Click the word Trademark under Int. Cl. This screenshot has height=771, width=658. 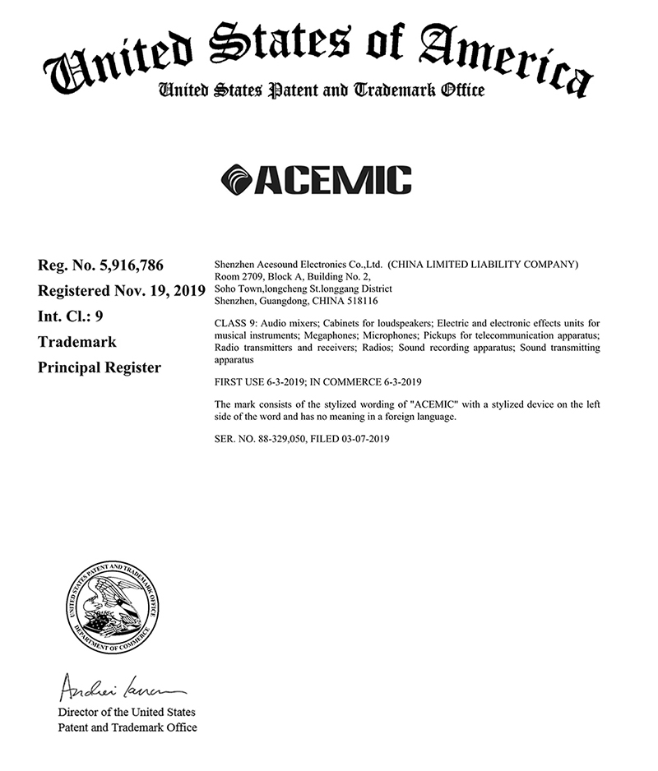click(77, 341)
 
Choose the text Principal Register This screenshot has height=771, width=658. click(100, 367)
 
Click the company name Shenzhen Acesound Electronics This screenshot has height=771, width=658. click(280, 265)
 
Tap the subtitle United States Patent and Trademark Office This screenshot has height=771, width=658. click(322, 90)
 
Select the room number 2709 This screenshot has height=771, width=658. click(252, 277)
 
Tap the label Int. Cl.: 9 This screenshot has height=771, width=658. click(71, 316)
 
